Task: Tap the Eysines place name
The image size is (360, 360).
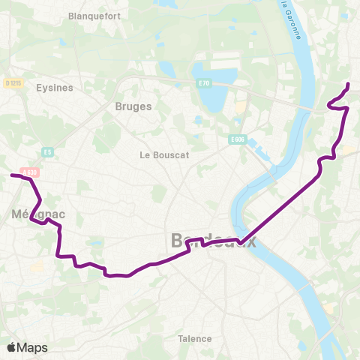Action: click(x=54, y=88)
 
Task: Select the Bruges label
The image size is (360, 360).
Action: click(x=133, y=106)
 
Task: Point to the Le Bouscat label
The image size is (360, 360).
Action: click(x=163, y=155)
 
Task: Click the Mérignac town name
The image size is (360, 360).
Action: click(x=38, y=214)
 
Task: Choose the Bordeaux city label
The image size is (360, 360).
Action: click(x=214, y=241)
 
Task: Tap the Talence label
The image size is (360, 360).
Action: click(x=195, y=338)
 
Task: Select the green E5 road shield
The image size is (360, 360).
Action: click(x=48, y=152)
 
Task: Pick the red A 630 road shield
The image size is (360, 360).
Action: click(x=30, y=172)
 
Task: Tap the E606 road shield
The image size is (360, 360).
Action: click(x=238, y=139)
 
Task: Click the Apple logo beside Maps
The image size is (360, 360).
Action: click(x=11, y=347)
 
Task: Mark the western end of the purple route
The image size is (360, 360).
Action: click(x=11, y=175)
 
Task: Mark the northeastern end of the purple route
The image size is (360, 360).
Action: click(x=349, y=83)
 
